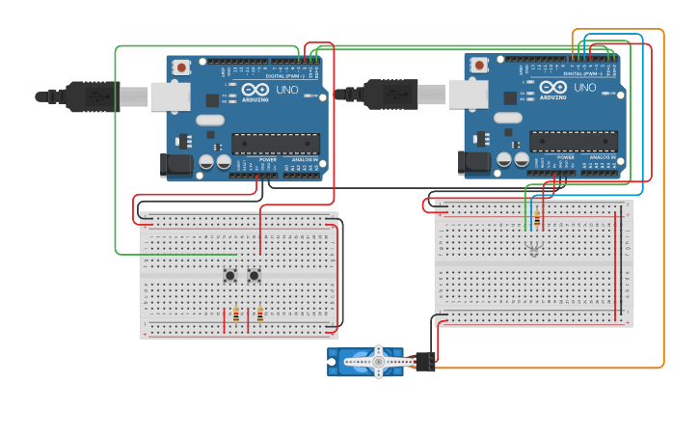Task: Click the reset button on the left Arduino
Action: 181,68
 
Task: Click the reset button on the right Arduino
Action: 479,66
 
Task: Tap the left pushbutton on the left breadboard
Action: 230,276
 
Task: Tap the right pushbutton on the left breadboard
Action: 254,276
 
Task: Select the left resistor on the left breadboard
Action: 236,314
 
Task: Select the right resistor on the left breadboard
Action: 259,314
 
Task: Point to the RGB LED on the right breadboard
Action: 535,250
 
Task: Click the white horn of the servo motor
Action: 378,362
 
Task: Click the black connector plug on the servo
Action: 424,362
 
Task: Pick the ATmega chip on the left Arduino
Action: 276,144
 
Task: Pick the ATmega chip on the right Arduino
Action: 574,142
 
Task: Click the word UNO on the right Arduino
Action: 585,87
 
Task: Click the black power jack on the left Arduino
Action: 177,165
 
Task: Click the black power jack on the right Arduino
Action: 475,163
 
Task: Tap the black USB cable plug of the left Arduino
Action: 92,96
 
